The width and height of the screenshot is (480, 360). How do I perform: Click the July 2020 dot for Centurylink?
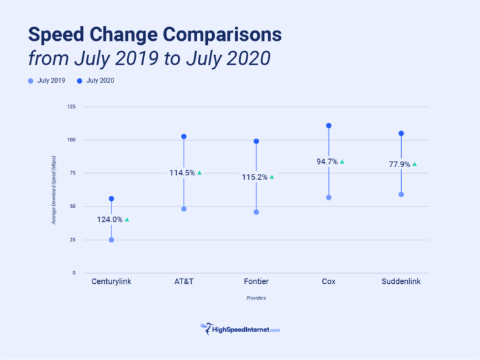112,199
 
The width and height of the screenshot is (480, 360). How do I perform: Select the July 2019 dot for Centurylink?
112,240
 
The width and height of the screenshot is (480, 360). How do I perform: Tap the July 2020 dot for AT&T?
184,137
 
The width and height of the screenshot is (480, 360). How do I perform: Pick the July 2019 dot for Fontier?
256,212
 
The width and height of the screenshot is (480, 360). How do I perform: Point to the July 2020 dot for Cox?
329,126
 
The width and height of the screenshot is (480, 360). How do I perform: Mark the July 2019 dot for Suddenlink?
401,194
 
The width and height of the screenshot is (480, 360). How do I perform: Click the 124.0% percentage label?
109,219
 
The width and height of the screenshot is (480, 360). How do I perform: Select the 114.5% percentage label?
182,173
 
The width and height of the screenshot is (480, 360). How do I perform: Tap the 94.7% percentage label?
326,162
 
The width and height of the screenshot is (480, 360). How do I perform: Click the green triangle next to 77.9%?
414,164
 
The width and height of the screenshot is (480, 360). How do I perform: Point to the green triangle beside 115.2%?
272,177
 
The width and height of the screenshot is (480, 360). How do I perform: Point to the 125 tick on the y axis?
71,107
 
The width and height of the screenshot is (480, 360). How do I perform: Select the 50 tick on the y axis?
72,206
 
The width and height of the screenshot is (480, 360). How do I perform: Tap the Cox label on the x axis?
328,281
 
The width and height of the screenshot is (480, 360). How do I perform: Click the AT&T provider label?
184,281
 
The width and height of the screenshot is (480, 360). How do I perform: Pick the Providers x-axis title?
256,298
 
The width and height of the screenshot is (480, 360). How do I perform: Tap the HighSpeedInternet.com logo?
240,329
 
